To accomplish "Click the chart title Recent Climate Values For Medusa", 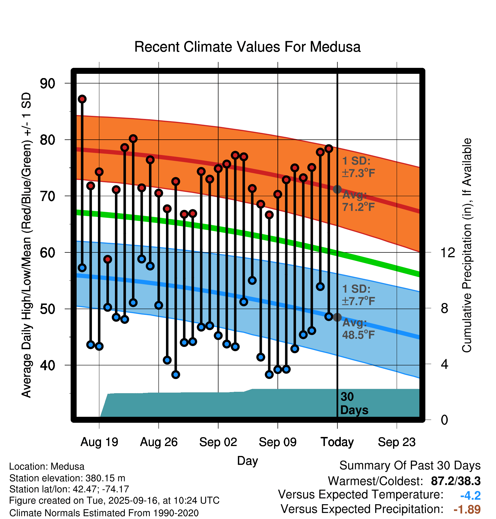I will pyautogui.click(x=247, y=47).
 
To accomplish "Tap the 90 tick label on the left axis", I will pyautogui.click(x=47, y=83).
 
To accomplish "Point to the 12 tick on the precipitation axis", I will pyautogui.click(x=447, y=252).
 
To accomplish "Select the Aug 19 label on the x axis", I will pyautogui.click(x=99, y=442).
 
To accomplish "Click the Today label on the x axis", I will pyautogui.click(x=337, y=442).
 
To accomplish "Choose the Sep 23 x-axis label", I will pyautogui.click(x=397, y=442).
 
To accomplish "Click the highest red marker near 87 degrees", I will pyautogui.click(x=82, y=99).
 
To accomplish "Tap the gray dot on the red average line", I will pyautogui.click(x=337, y=189).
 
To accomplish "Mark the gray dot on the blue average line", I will pyautogui.click(x=337, y=317).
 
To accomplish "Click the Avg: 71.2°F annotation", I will pyautogui.click(x=358, y=201).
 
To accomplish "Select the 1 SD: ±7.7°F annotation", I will pyautogui.click(x=358, y=295).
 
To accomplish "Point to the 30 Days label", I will pyautogui.click(x=354, y=403).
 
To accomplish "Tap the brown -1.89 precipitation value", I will pyautogui.click(x=467, y=509).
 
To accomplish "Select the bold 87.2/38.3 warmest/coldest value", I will pyautogui.click(x=456, y=481).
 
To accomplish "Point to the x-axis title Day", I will pyautogui.click(x=247, y=461).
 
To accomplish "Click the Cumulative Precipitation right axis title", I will pyautogui.click(x=466, y=246).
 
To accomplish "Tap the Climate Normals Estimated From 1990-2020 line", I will pyautogui.click(x=104, y=513).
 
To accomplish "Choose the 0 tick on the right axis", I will pyautogui.click(x=444, y=420).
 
